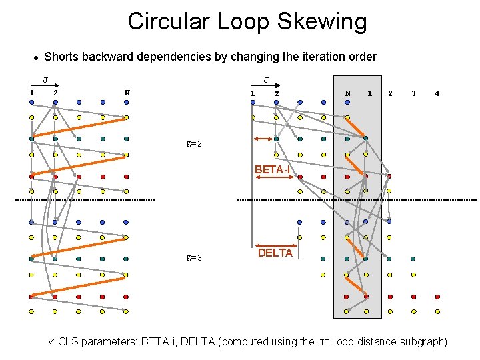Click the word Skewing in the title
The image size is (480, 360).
[325, 22]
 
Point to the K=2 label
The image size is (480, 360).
[194, 144]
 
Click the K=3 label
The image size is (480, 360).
[194, 258]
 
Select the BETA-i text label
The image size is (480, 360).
[273, 170]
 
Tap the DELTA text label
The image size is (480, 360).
[275, 253]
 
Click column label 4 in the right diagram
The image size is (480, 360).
[437, 93]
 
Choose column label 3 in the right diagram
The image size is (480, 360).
[413, 93]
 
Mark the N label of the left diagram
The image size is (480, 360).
[127, 92]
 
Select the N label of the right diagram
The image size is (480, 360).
[347, 93]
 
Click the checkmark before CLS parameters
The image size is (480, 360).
[51, 341]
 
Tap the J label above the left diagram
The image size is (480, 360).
[45, 81]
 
